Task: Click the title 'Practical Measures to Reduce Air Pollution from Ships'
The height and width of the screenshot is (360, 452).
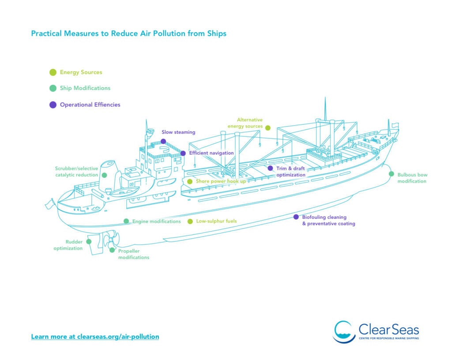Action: [x=128, y=34]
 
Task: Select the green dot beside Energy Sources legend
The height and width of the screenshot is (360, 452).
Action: [x=53, y=72]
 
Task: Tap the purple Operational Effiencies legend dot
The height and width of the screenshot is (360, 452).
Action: [x=53, y=105]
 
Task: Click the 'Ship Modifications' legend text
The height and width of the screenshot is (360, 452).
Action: [x=85, y=88]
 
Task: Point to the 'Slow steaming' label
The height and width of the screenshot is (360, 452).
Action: [x=178, y=132]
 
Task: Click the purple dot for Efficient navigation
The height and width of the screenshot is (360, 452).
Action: [x=183, y=153]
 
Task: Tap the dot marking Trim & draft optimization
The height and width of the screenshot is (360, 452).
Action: [x=271, y=168]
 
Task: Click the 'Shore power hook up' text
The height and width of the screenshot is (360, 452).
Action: [x=221, y=181]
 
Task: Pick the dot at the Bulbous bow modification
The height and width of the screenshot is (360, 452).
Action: [x=391, y=174]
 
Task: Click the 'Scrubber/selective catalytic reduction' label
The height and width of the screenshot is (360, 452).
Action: [x=76, y=172]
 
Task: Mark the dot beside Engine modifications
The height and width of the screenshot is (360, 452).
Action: [x=126, y=221]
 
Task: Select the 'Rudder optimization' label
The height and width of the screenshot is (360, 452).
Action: [x=68, y=245]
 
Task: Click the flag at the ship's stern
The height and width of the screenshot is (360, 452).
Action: [x=49, y=204]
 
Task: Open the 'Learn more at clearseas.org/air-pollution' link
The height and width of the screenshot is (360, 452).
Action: [x=95, y=337]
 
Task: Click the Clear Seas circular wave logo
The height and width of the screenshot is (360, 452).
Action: [x=344, y=332]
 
